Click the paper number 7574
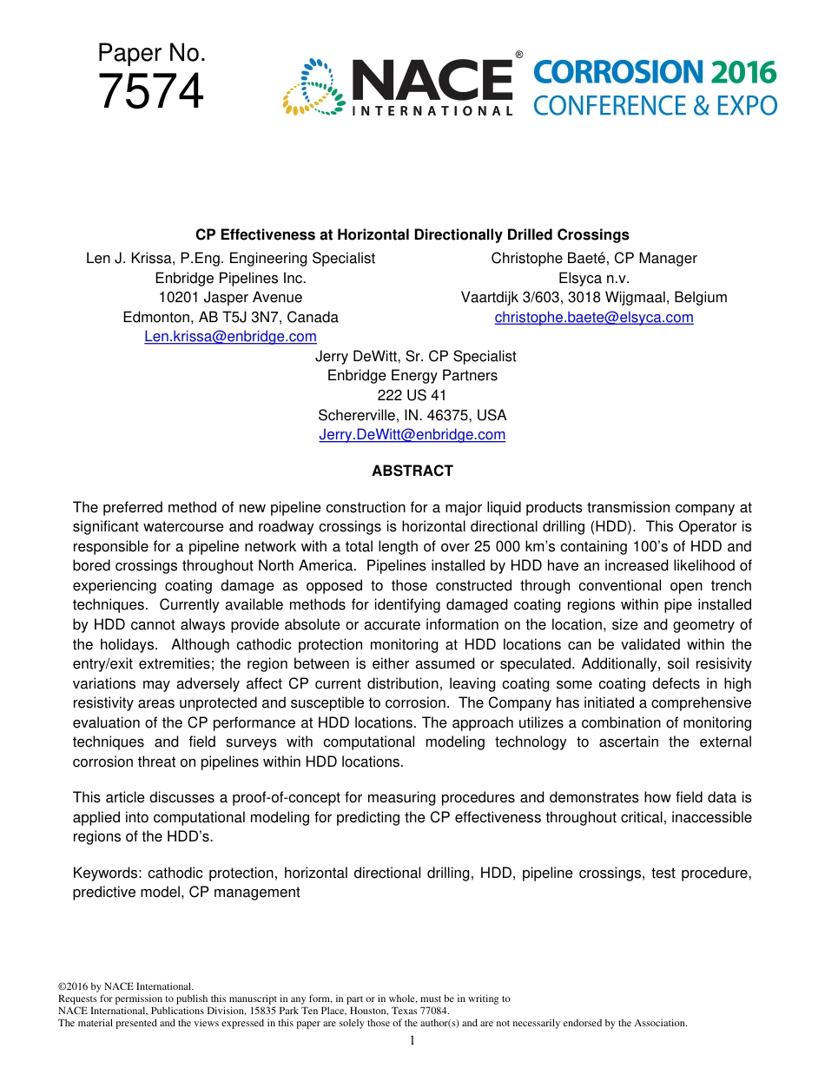[x=151, y=92]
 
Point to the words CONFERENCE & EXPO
[x=655, y=106]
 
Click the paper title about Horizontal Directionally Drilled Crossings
[x=412, y=234]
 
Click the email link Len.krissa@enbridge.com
[x=230, y=336]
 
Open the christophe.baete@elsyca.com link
[x=594, y=317]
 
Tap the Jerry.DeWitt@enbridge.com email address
[x=412, y=434]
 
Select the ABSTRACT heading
[x=412, y=471]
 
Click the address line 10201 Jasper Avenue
[x=230, y=297]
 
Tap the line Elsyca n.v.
[x=594, y=278]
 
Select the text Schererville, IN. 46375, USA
[x=412, y=415]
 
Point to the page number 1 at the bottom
[x=412, y=1040]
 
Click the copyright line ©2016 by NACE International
[x=125, y=986]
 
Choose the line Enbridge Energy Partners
[x=412, y=375]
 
